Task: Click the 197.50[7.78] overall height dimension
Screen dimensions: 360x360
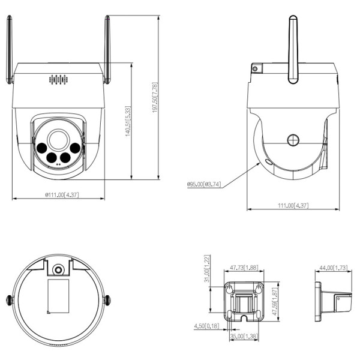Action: click(154, 98)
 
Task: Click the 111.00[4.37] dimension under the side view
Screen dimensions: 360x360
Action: click(293, 206)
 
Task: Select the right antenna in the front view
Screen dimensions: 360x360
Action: click(107, 51)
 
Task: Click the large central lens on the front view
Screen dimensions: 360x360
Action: click(59, 139)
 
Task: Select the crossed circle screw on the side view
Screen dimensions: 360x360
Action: click(293, 140)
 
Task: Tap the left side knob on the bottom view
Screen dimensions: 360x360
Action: click(9, 300)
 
